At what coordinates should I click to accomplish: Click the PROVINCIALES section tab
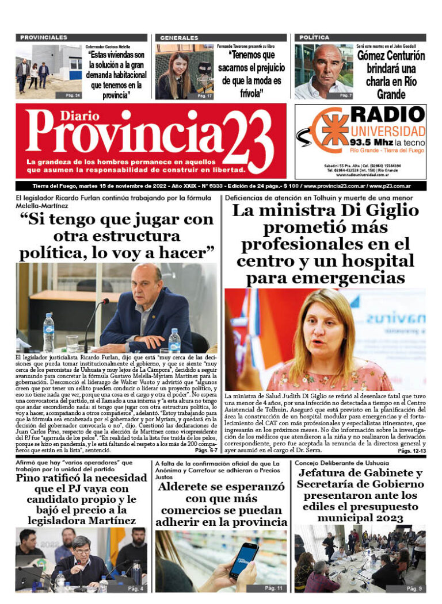pos(43,37)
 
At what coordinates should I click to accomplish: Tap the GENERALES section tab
pos(178,37)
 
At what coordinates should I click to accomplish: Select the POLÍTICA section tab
pos(314,37)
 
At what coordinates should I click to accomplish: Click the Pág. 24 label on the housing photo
pos(73,95)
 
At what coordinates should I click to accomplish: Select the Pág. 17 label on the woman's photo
pos(205,95)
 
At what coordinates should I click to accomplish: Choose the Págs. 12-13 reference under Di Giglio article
pos(411,452)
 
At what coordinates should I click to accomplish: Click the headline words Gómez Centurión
pos(391,56)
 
